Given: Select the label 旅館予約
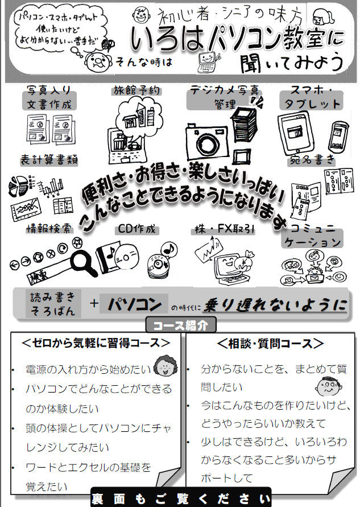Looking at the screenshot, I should coord(137,91).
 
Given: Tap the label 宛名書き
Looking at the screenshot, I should coord(312,159).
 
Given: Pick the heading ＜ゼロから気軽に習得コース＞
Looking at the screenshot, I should coord(95,343).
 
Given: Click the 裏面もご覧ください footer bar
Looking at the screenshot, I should coord(180,497).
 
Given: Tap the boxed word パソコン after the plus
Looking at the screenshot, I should coord(135,304).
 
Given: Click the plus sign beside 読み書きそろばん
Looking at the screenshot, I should coord(94,304).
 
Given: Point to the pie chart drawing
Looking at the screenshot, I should coord(20,185).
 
